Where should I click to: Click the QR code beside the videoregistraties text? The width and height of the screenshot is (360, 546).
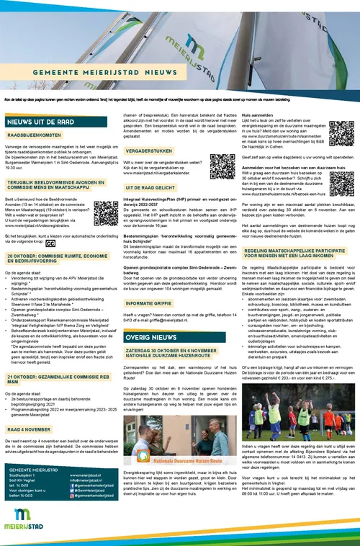pos(106,212)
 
